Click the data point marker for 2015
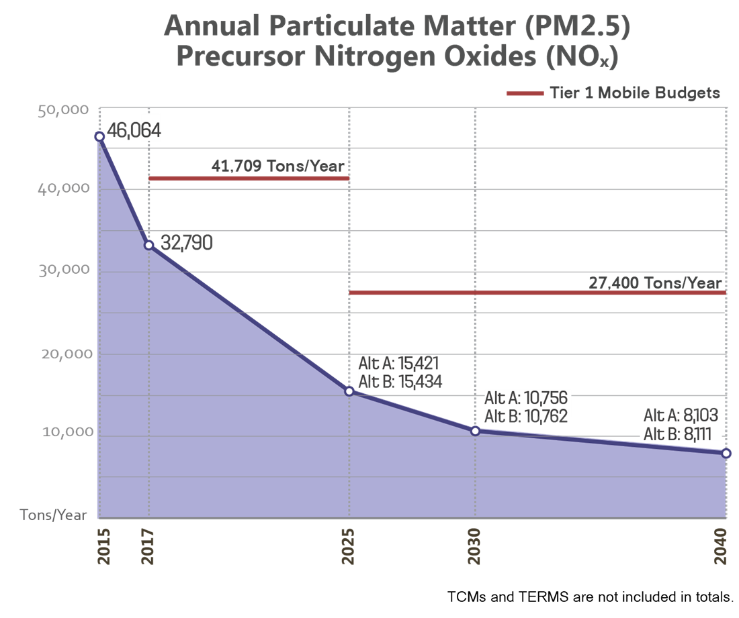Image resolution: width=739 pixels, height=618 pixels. point(99,136)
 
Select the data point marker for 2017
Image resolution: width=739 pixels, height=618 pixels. point(149,245)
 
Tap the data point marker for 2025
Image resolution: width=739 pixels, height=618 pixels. point(349,391)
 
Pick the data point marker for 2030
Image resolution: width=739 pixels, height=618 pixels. point(475,430)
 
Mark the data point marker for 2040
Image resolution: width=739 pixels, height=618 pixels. point(726,454)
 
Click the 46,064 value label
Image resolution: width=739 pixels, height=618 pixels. point(134,130)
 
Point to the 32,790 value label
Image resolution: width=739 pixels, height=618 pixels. point(186,243)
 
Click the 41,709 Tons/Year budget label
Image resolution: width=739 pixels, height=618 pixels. point(277,166)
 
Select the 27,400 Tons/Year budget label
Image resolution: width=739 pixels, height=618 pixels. point(655,283)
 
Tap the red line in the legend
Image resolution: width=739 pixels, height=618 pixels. point(524,93)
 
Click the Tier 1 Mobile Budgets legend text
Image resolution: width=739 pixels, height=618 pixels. point(635,93)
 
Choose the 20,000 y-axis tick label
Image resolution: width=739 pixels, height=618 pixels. point(66,354)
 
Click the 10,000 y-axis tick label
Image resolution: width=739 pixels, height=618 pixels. point(66,431)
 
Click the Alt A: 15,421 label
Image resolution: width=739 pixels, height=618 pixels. point(398,364)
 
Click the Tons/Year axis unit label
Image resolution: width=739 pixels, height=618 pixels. point(54,515)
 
